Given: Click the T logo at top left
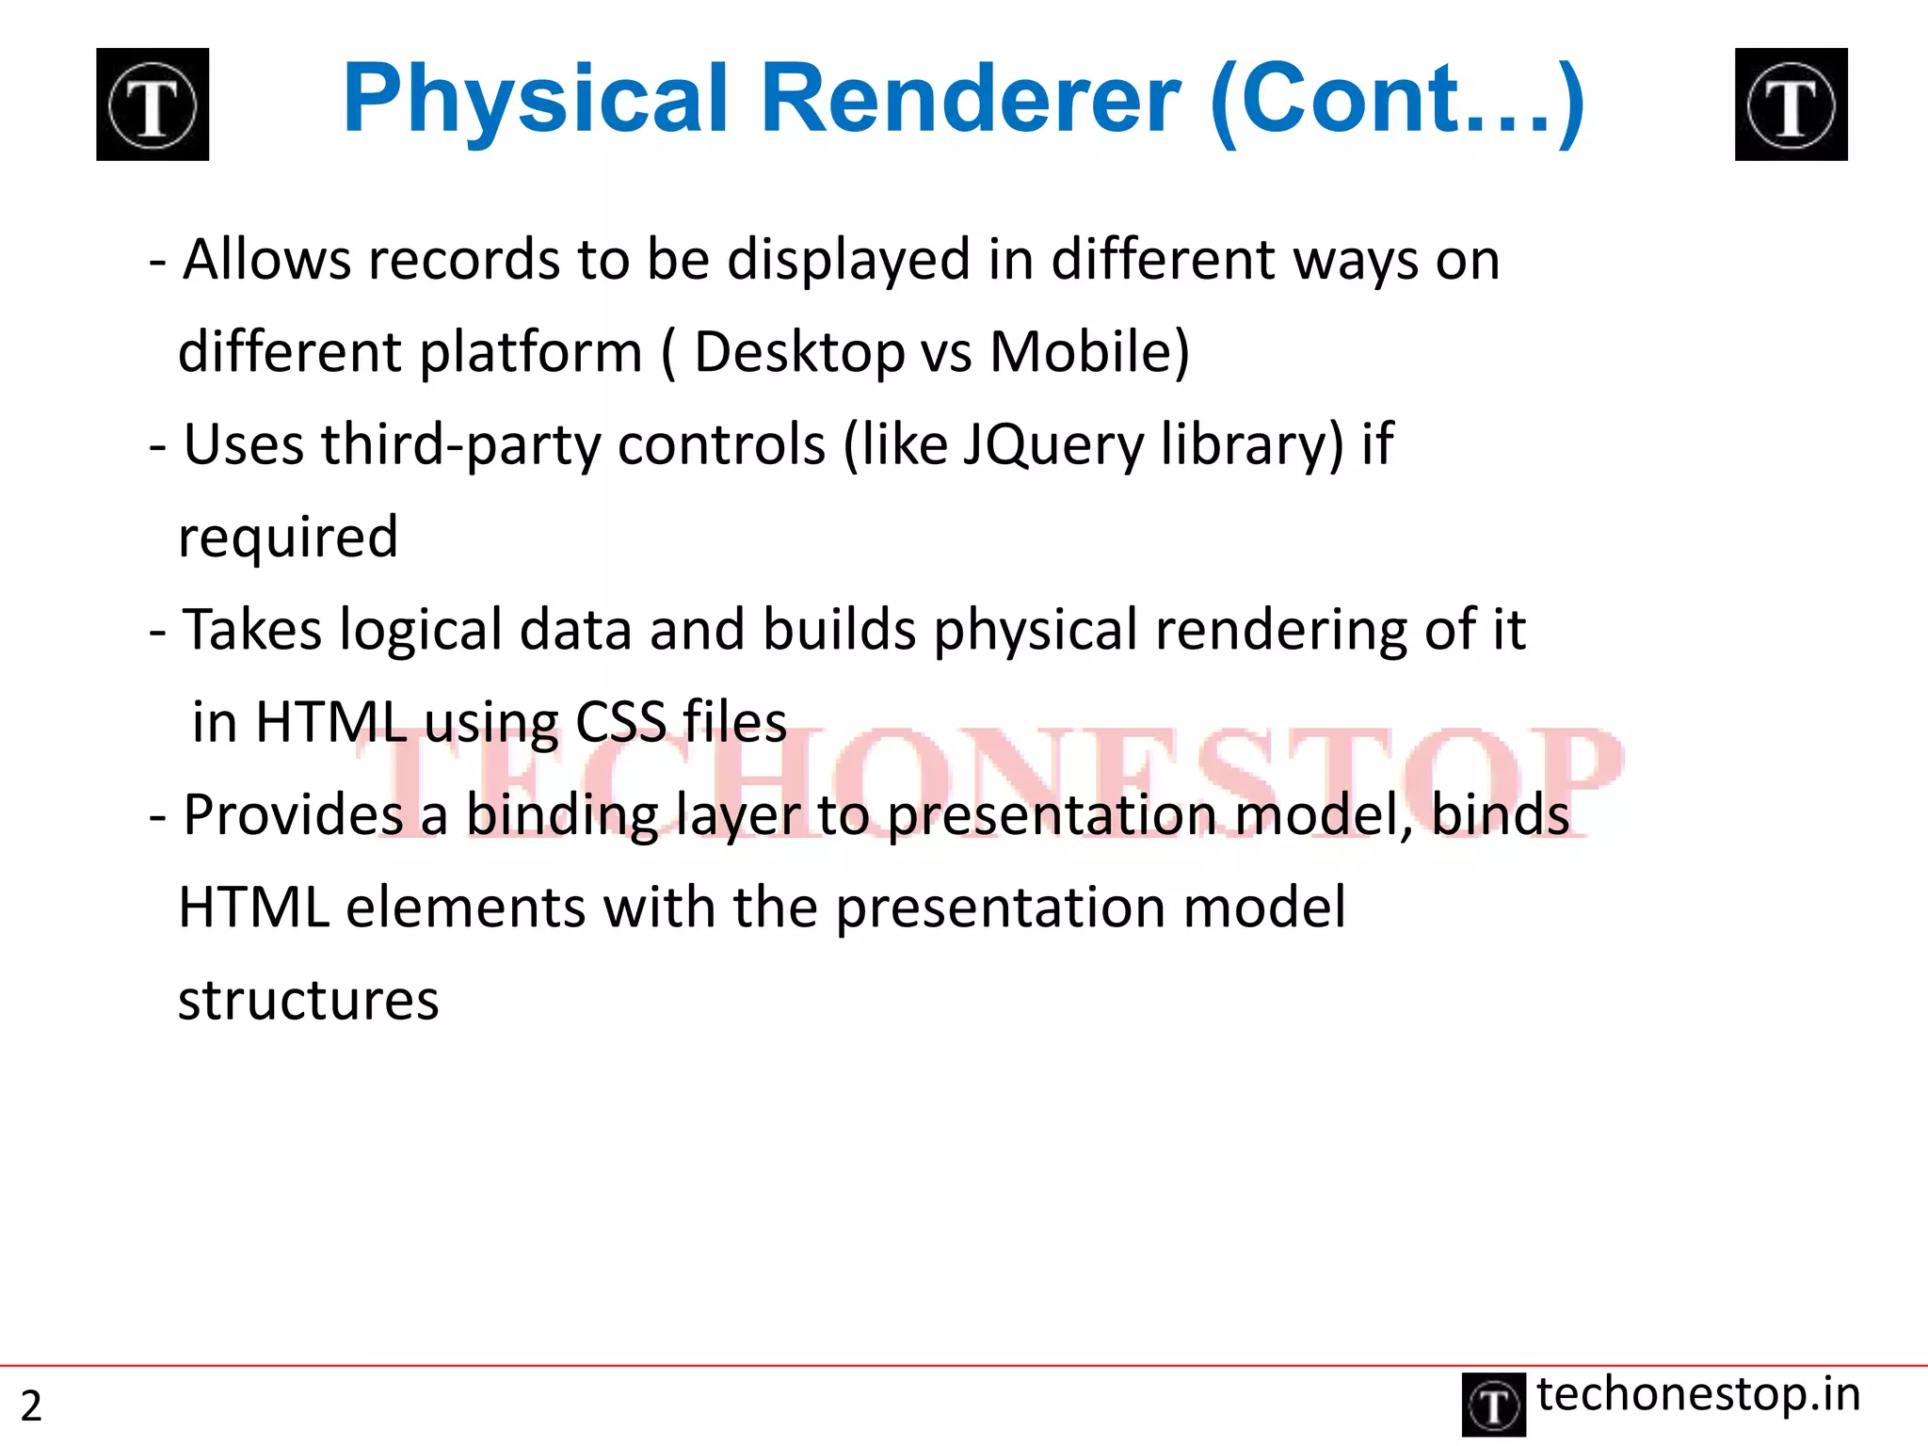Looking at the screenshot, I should [153, 104].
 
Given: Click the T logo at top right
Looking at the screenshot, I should [1791, 104].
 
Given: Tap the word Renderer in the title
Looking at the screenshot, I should [970, 99].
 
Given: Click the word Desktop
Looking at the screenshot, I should [798, 353].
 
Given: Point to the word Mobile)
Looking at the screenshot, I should [1089, 353].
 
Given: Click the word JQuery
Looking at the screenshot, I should [1052, 444].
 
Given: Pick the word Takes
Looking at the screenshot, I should [252, 629].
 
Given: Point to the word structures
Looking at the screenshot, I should [309, 1000].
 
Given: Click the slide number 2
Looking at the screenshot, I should [31, 1406].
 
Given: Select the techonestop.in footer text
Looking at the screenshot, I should [1698, 1394].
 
